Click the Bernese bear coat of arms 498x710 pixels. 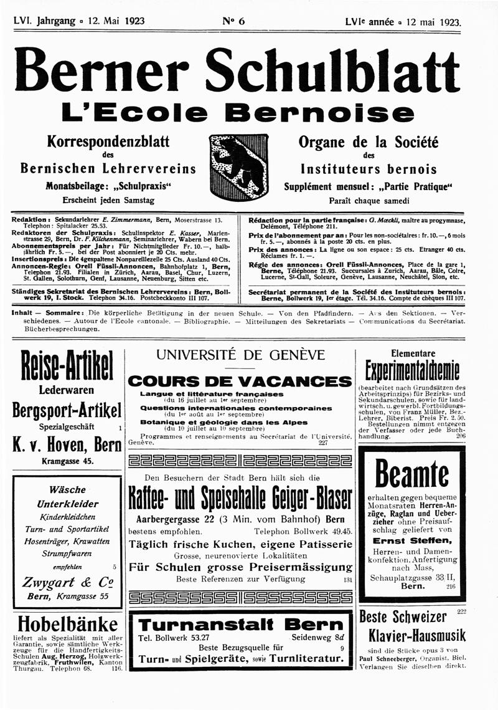tap(239, 166)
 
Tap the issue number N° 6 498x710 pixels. tap(233, 21)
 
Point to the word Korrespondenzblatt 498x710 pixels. tap(108, 141)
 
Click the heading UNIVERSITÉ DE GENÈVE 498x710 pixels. tap(240, 355)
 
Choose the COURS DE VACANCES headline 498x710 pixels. tap(240, 381)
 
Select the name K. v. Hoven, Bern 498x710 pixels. tap(67, 444)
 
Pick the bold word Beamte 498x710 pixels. tap(411, 476)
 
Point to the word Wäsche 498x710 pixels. tap(67, 490)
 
